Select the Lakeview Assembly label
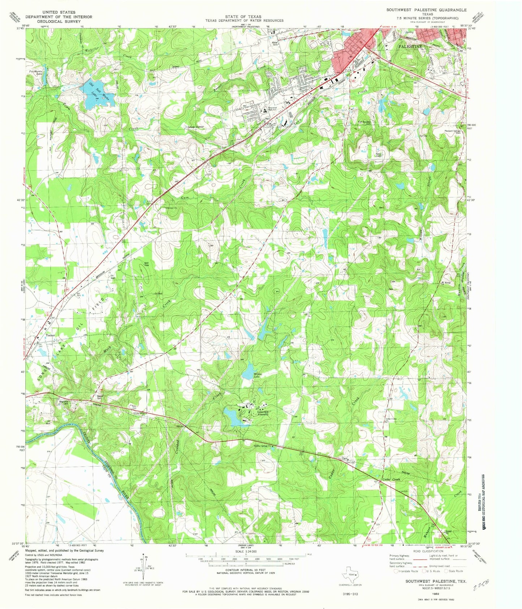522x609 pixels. click(262, 413)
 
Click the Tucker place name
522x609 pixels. click(51, 335)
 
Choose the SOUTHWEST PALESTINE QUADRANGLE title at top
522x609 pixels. click(422, 10)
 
